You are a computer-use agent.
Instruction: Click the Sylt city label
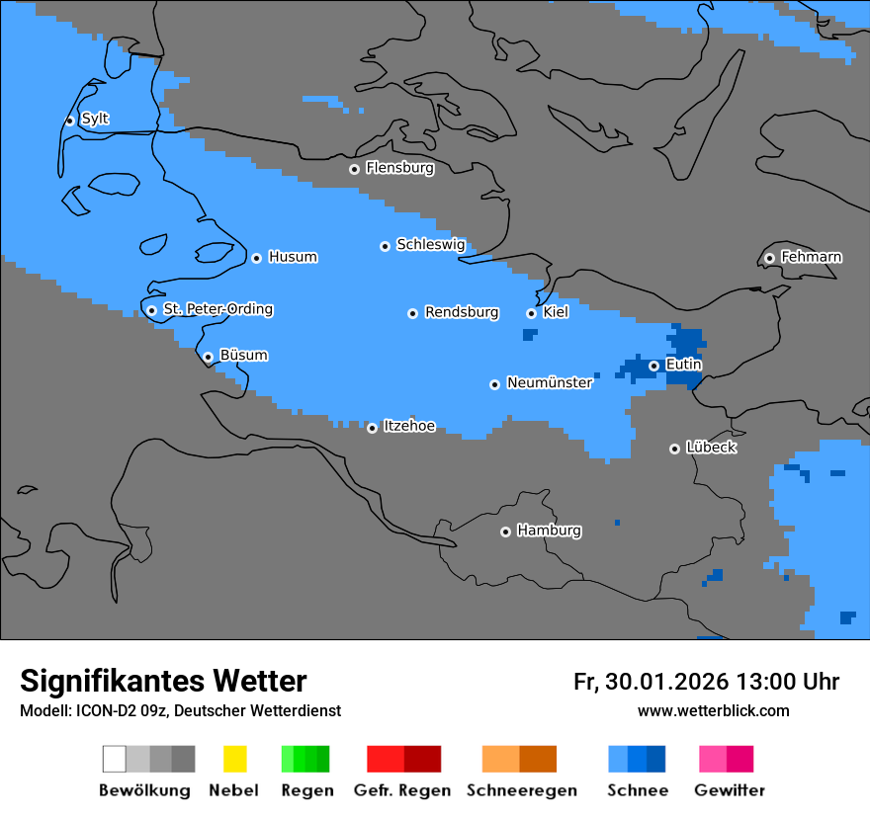(x=95, y=119)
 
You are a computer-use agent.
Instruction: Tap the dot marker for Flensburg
(x=354, y=169)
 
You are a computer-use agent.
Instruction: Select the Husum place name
(x=293, y=257)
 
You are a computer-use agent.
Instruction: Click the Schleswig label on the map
(x=430, y=244)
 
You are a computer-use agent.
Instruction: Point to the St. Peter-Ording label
(x=217, y=309)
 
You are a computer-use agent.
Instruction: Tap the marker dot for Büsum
(x=208, y=357)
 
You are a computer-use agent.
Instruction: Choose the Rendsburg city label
(x=462, y=312)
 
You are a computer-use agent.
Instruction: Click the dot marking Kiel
(x=531, y=313)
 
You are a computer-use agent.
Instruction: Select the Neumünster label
(x=550, y=382)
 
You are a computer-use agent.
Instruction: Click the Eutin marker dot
(x=653, y=366)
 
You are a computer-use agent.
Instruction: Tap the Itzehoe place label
(x=409, y=426)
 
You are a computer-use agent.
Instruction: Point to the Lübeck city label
(x=711, y=448)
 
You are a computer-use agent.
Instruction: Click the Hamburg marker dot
(x=505, y=532)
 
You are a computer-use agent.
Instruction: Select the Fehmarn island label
(x=811, y=257)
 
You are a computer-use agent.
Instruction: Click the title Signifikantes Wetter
(x=163, y=681)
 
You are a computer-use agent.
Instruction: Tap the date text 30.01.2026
(x=663, y=682)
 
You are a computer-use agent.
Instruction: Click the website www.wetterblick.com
(x=713, y=710)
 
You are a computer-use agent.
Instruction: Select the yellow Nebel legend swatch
(x=234, y=759)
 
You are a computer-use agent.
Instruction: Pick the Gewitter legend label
(x=730, y=790)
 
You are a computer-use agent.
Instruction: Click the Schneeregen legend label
(x=522, y=790)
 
